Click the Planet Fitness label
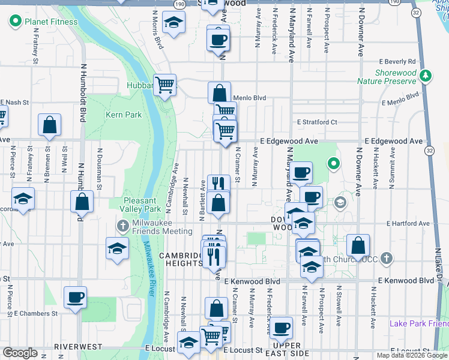[x=51, y=22]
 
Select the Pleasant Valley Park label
[x=142, y=205]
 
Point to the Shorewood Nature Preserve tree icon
[x=426, y=76]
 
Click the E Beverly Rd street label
[x=397, y=61]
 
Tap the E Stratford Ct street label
[x=317, y=122]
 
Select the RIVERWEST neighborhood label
[x=75, y=347]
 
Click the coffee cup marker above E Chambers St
[x=76, y=297]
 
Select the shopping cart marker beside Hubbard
[x=164, y=84]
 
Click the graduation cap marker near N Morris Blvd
[x=174, y=23]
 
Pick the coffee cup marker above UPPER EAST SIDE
[x=281, y=328]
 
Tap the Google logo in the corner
[x=20, y=353]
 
